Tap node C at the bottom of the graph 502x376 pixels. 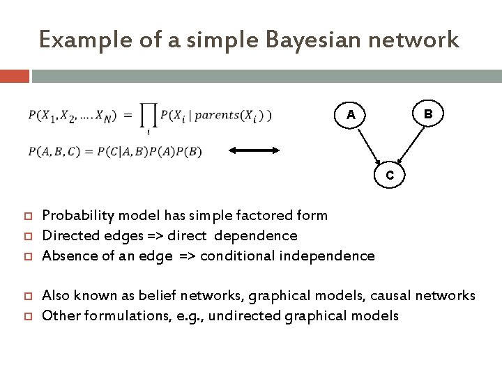[x=391, y=175]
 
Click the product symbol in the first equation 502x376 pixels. [x=149, y=116]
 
